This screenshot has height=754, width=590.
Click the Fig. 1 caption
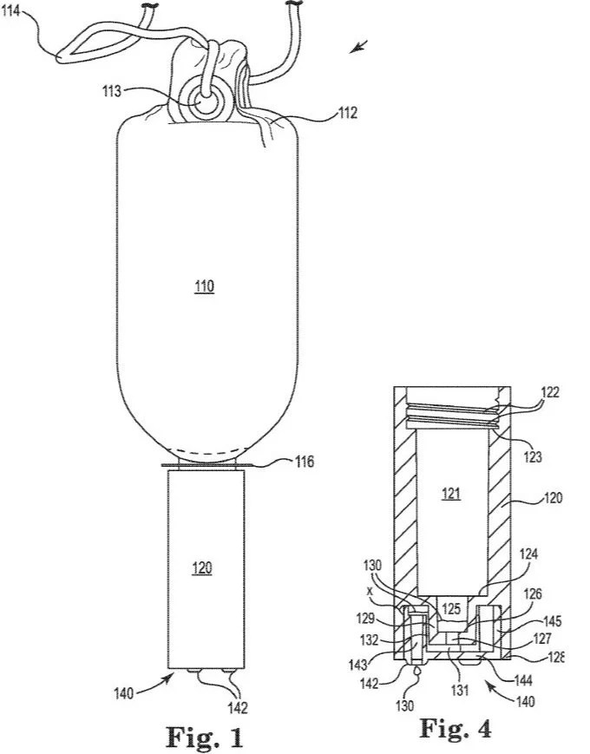click(x=205, y=736)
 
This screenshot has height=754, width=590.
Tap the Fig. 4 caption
click(x=456, y=728)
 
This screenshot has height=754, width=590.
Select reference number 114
click(x=11, y=10)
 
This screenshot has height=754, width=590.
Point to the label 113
click(x=112, y=91)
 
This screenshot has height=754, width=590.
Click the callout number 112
click(x=348, y=113)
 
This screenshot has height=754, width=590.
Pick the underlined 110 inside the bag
click(x=204, y=287)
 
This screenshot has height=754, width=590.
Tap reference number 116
click(x=304, y=462)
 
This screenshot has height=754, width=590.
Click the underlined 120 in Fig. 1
click(x=202, y=568)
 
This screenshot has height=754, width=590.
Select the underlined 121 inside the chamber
click(x=451, y=494)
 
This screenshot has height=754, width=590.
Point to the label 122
click(x=550, y=392)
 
